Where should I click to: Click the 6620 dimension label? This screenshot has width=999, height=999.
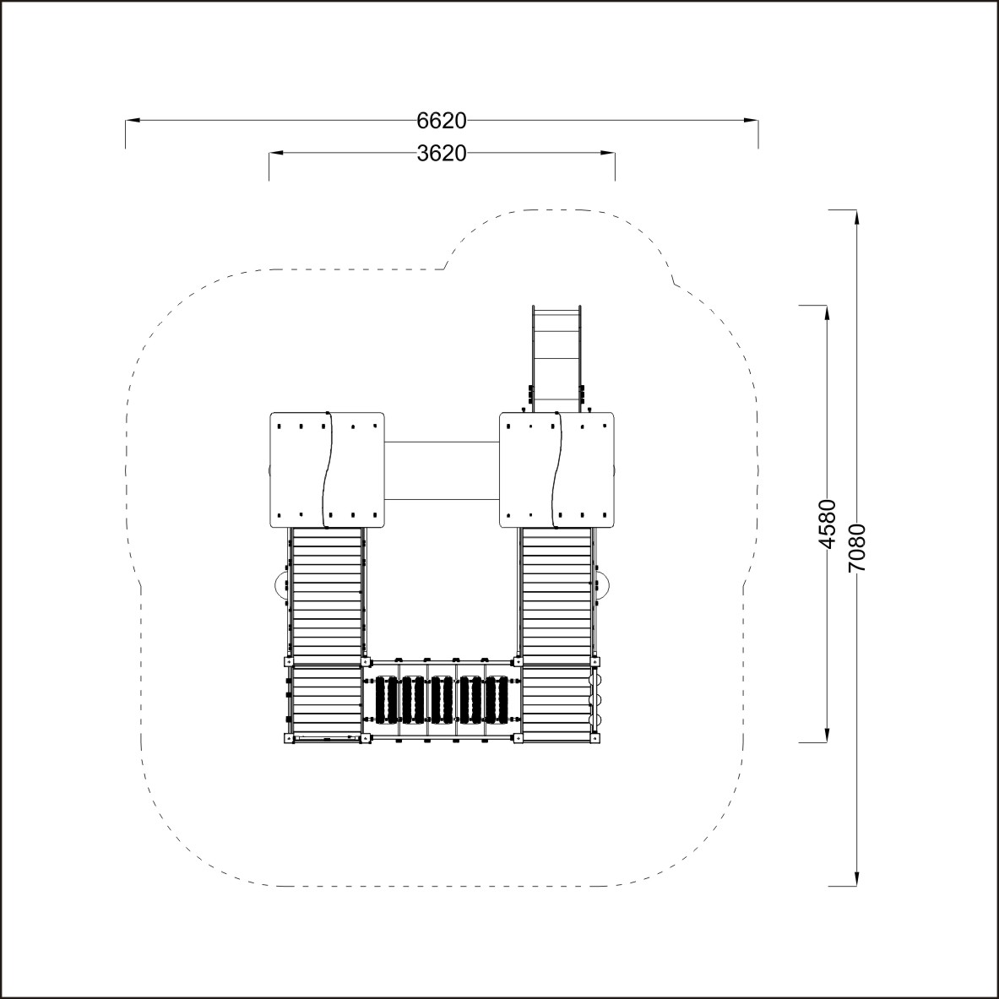point(442,120)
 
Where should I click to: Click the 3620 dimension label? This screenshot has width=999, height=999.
point(442,153)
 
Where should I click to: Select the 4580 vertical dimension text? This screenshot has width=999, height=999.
point(827,524)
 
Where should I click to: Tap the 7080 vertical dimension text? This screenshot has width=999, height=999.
point(857,547)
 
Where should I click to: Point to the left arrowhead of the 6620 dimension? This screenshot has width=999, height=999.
point(133,120)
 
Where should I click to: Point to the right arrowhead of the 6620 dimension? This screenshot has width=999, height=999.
point(752,120)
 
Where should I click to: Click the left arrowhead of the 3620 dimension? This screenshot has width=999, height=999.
point(276,153)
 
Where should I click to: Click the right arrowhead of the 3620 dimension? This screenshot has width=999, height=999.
point(608,153)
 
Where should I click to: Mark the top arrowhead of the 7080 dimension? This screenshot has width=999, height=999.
point(857,217)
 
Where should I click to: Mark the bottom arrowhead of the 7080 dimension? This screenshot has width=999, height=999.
point(857,878)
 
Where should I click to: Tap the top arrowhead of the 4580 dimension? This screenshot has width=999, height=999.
point(827,313)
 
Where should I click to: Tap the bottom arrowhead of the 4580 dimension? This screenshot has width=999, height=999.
point(827,735)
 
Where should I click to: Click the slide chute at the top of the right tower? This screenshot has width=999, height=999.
point(557,359)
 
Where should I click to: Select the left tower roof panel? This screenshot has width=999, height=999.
point(327,470)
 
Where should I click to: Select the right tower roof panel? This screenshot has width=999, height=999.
point(557,470)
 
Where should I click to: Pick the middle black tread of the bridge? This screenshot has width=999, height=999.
point(441,700)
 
